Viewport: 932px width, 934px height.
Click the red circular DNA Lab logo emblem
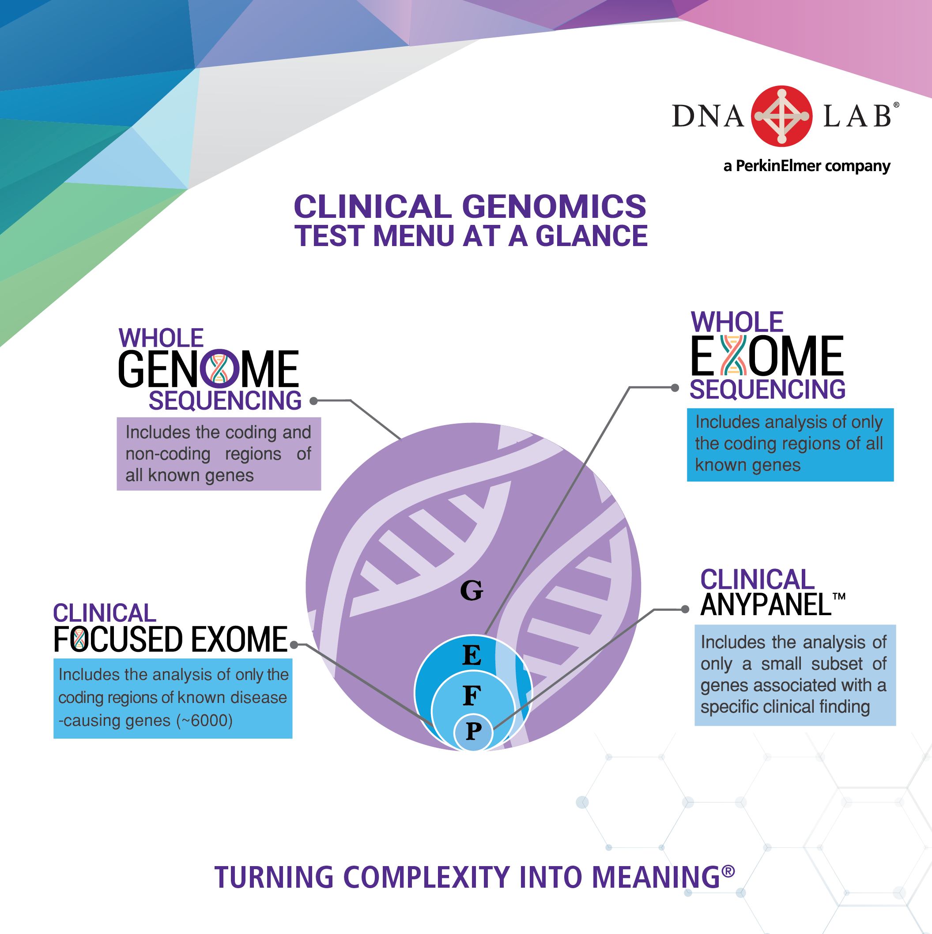pos(781,116)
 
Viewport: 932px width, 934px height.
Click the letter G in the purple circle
pos(472,590)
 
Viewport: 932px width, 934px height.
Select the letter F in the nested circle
pos(472,696)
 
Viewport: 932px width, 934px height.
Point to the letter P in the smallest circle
pos(474,731)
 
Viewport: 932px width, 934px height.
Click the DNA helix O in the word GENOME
pos(220,368)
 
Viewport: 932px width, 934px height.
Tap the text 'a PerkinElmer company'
pos(807,166)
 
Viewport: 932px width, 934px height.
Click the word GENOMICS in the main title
pos(554,206)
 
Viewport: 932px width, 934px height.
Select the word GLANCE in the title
pos(591,236)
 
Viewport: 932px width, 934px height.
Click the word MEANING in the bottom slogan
pos(656,878)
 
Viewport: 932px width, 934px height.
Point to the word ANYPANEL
pos(766,605)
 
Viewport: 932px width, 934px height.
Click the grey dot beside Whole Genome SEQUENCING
pos(313,401)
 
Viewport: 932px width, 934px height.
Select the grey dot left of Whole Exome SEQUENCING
pos(675,388)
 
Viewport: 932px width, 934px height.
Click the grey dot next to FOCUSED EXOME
pos(294,644)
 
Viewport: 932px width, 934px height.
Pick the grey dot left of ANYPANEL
pos(685,609)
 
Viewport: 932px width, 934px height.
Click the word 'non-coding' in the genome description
pos(168,454)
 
